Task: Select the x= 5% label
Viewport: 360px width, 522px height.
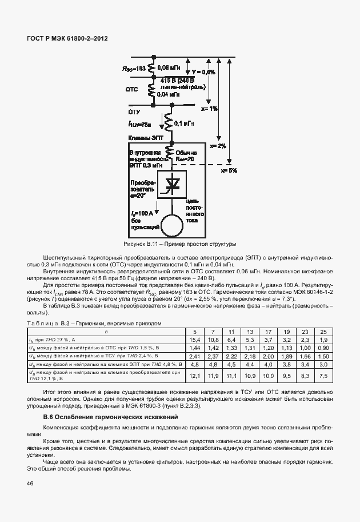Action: click(229, 170)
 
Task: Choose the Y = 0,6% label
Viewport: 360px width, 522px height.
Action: click(203, 72)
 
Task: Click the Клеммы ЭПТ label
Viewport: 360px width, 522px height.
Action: click(145, 138)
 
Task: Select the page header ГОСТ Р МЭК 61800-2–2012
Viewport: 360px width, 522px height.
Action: click(67, 39)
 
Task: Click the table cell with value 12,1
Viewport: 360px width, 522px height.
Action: click(194, 375)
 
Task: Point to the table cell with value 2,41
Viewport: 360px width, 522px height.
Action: click(194, 356)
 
